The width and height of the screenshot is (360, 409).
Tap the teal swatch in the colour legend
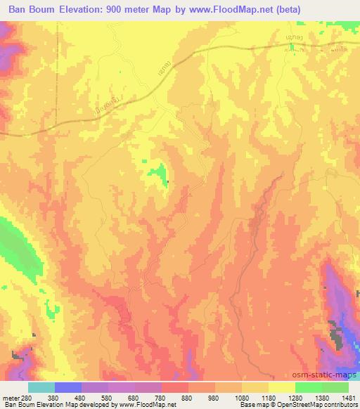[41, 387]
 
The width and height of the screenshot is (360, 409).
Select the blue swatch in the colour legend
[68, 387]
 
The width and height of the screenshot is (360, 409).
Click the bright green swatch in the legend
[309, 387]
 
